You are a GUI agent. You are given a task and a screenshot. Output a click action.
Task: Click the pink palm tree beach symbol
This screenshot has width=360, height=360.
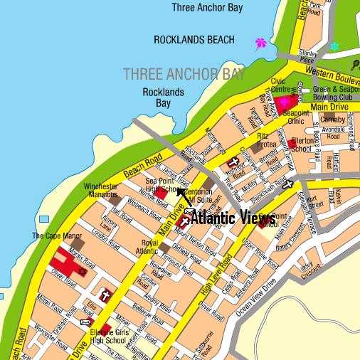pos(260,43)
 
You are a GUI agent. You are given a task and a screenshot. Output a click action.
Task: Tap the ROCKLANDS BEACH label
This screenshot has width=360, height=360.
pos(194,40)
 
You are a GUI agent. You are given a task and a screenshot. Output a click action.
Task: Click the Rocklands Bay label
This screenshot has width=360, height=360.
pos(163,97)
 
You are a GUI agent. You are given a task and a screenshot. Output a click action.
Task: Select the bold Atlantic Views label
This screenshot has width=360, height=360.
pos(234,217)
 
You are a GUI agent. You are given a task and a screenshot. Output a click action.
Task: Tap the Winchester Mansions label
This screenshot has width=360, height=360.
pos(100,191)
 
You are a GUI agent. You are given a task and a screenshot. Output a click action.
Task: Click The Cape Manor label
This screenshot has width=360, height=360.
pos(52,236)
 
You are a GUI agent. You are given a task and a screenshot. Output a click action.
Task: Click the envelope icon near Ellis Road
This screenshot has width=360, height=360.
pos(86,322)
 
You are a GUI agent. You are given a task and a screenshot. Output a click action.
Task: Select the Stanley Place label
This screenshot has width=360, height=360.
pos(307,57)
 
